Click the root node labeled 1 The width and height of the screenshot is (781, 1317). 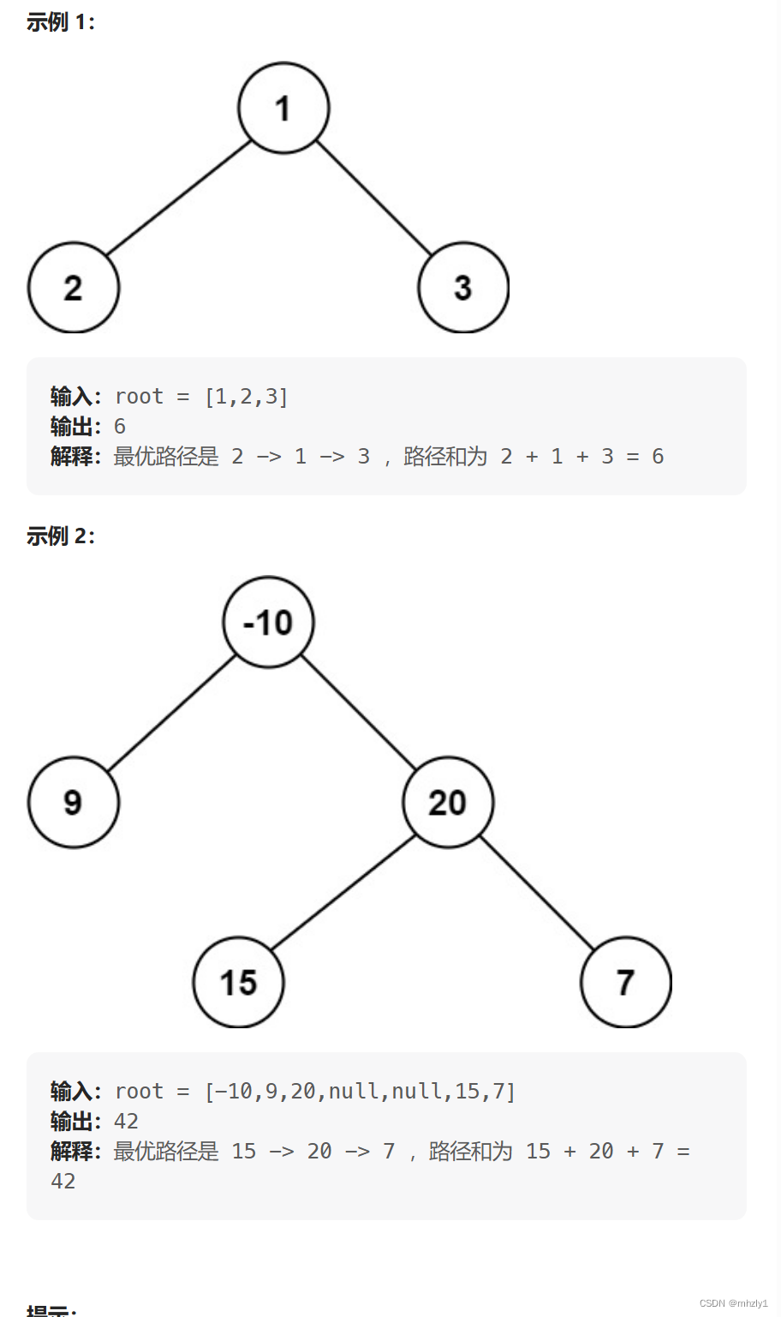pyautogui.click(x=283, y=108)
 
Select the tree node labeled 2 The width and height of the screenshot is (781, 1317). pyautogui.click(x=74, y=288)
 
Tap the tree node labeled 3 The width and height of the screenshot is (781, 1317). pyautogui.click(x=463, y=288)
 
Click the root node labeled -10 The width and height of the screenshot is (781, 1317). pyautogui.click(x=269, y=622)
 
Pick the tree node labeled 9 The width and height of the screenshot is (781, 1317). pyautogui.click(x=74, y=802)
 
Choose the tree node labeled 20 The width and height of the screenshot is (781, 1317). pyautogui.click(x=448, y=802)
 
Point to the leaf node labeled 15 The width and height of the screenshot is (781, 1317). pyautogui.click(x=238, y=982)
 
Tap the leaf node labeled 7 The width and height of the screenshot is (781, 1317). pyautogui.click(x=626, y=982)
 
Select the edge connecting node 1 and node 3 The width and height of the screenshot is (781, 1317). pyautogui.click(x=374, y=198)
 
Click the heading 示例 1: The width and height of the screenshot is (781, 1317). pyautogui.click(x=61, y=22)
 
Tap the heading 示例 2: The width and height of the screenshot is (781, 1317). pyautogui.click(x=61, y=536)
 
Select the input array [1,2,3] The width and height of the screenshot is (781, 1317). pyautogui.click(x=246, y=397)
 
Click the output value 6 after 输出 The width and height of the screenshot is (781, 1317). pyautogui.click(x=120, y=427)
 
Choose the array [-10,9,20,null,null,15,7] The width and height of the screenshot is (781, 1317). pyautogui.click(x=360, y=1092)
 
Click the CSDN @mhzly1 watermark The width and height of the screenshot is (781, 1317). pyautogui.click(x=734, y=1303)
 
